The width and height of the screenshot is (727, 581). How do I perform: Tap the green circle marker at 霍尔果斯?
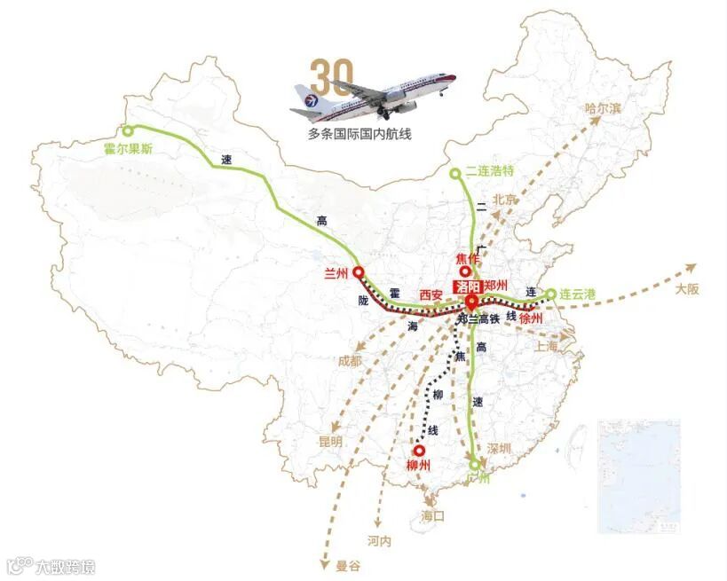tap(128, 131)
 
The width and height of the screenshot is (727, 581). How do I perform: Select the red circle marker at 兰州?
tap(359, 272)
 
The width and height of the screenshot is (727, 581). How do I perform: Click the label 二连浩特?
tap(490, 171)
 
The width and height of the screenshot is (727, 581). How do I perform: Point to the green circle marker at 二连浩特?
tap(455, 173)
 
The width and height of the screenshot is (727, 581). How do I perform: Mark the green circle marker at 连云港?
tap(550, 294)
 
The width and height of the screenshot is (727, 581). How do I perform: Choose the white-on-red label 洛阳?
tap(467, 287)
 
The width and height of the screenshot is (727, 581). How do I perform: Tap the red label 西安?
tap(431, 294)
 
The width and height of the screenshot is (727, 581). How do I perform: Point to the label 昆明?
tap(330, 441)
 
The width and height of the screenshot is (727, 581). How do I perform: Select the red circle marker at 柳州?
tap(418, 451)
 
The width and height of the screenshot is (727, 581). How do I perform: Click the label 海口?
tap(433, 515)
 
